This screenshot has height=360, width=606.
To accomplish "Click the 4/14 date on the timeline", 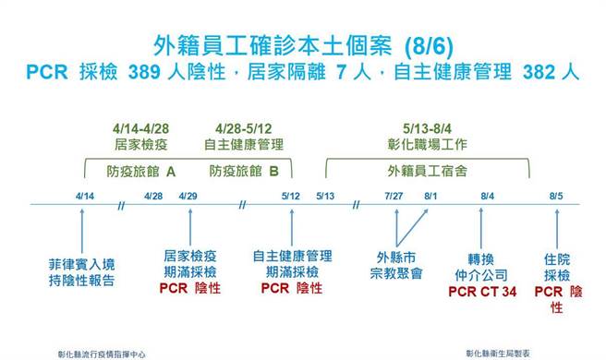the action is [x=86, y=196].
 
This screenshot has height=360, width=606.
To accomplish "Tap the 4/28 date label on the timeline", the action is [x=153, y=196].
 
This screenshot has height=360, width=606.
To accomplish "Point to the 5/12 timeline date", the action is [x=291, y=196].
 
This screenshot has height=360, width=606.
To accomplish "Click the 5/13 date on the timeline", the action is [x=324, y=196].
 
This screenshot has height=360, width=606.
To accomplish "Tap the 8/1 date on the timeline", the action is [x=430, y=196].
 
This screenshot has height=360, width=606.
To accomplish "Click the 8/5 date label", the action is [x=555, y=196].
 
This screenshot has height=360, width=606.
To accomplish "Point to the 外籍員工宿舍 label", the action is [x=427, y=170].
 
